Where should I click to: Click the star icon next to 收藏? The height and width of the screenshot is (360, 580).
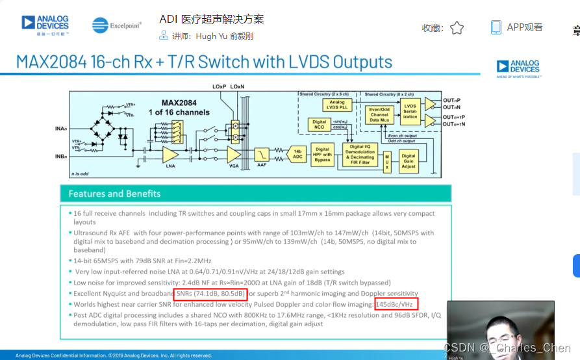coord(457,28)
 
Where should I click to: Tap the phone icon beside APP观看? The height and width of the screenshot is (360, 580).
coord(496,27)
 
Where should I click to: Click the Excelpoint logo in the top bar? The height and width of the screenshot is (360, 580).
coord(117,25)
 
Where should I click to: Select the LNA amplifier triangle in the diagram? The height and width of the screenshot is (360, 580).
coord(170,154)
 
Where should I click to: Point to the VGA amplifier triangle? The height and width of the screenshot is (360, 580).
coord(233,155)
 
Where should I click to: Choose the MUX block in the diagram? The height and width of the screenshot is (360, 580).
coord(386,159)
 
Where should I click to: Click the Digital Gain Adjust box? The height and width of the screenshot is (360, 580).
coord(408,159)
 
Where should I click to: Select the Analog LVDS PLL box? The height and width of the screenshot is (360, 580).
coord(337,105)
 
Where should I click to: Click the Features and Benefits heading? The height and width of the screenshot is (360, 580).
coord(114,194)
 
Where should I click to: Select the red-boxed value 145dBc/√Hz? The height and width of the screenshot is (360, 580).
coord(396,303)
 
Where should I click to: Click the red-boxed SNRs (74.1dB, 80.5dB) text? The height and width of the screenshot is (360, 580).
coord(210,294)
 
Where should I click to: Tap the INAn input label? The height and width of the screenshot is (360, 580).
coord(61,129)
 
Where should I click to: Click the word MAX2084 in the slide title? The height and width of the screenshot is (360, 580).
coord(54,62)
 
